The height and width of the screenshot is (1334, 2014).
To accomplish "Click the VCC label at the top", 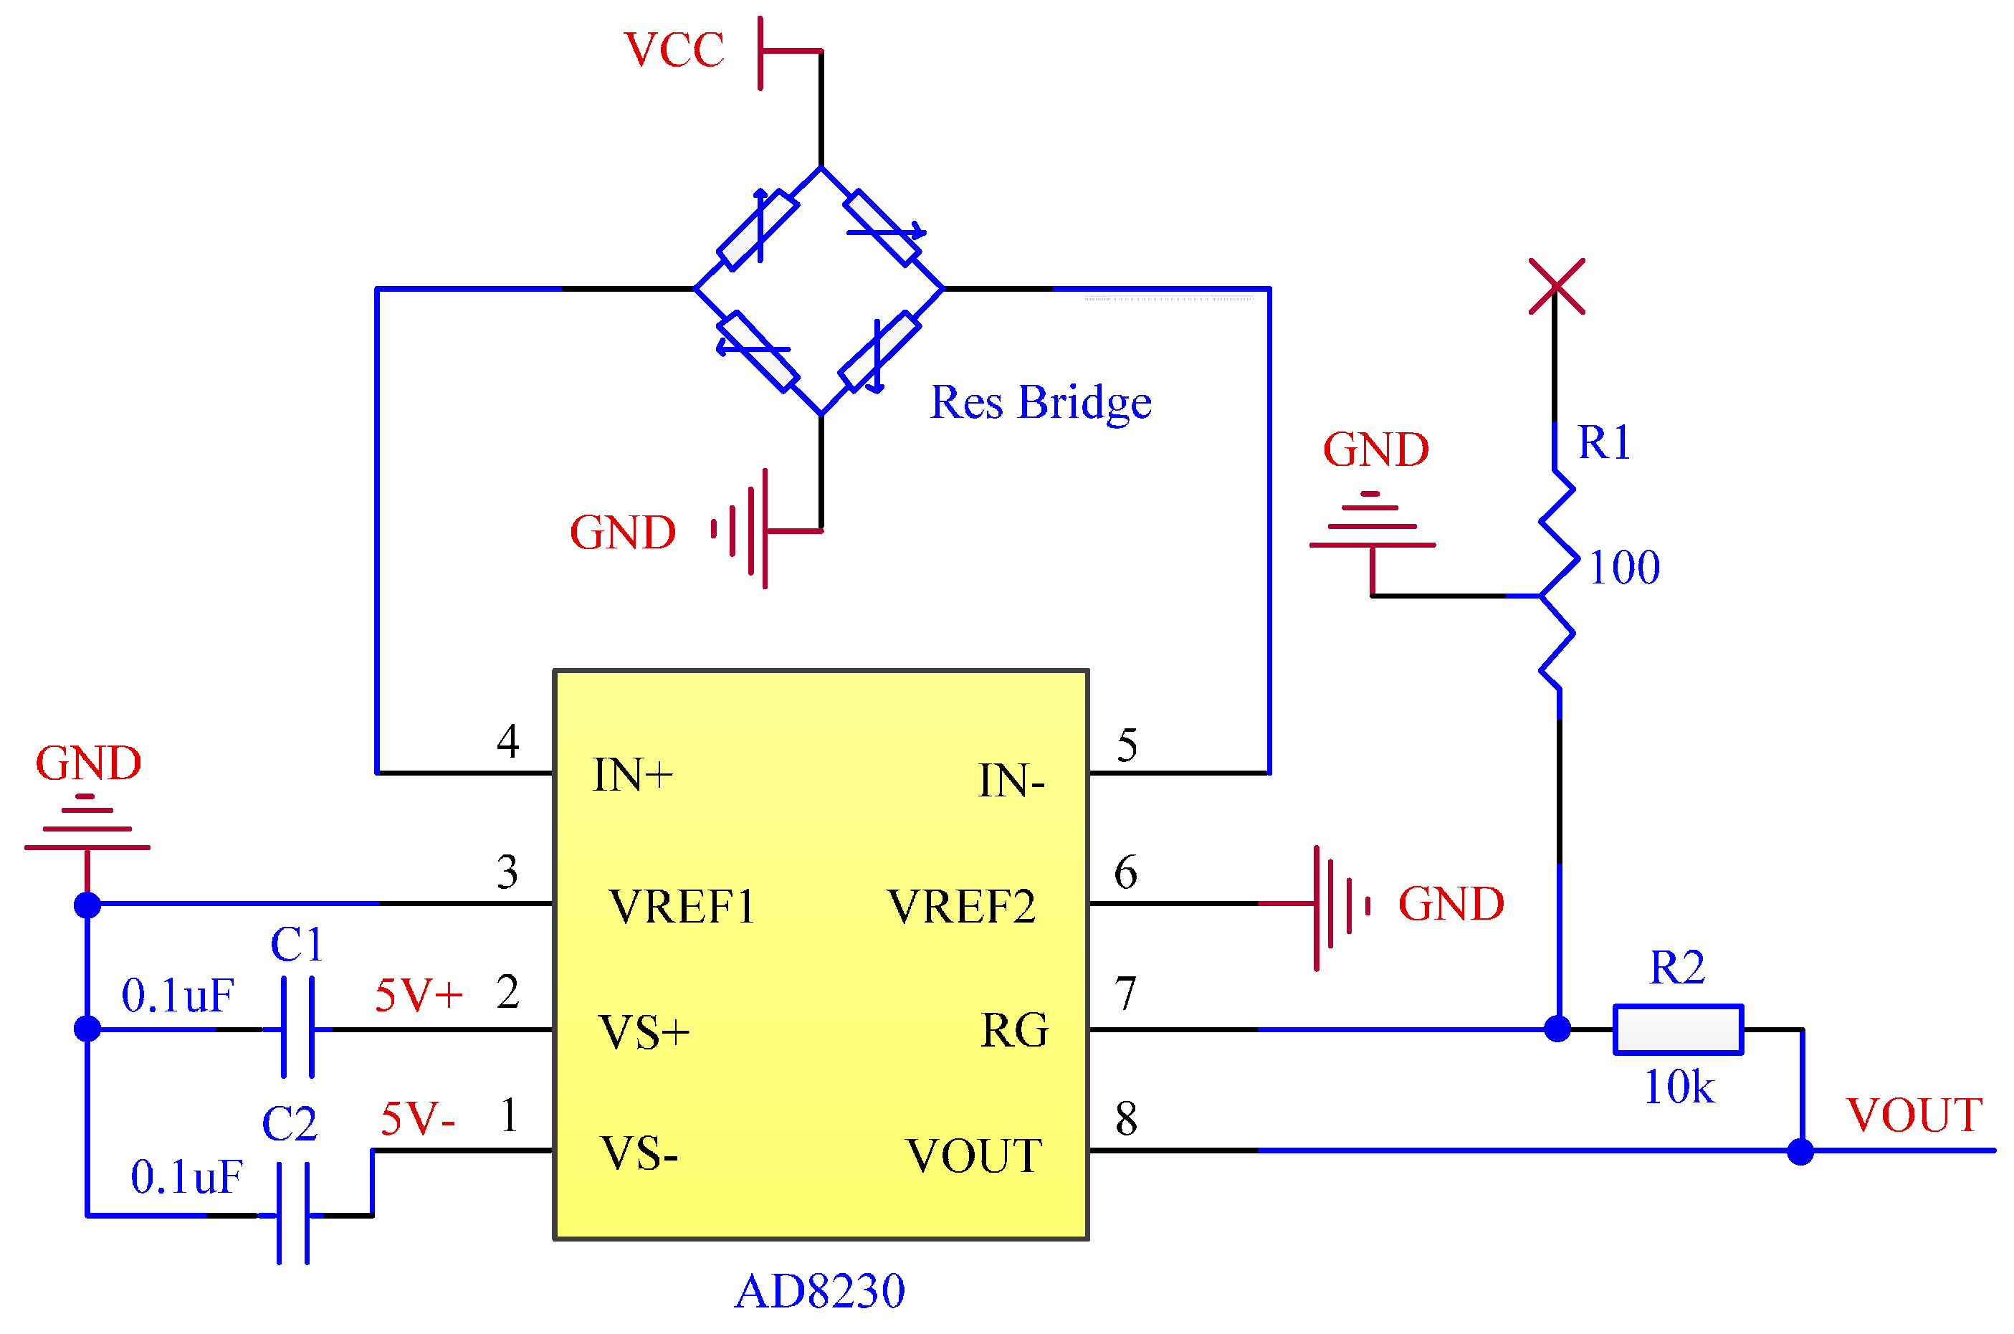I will click(673, 49).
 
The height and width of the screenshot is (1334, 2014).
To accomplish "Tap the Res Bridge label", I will click(1040, 402).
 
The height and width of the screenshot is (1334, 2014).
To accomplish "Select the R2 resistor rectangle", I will click(1677, 1029).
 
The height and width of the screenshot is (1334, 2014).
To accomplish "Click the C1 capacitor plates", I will click(297, 1028).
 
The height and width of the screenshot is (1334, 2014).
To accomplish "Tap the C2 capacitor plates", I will click(292, 1214).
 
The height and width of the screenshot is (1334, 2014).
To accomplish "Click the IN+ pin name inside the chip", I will click(632, 775).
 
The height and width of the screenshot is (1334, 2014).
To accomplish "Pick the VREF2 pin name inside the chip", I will click(960, 906).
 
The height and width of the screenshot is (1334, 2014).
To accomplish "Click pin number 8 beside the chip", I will click(1126, 1119).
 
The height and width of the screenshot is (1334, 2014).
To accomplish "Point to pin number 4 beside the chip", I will click(507, 741).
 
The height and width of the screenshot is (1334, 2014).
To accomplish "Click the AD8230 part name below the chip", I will click(819, 1292).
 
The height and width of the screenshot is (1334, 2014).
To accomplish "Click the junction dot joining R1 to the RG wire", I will click(1557, 1029).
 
